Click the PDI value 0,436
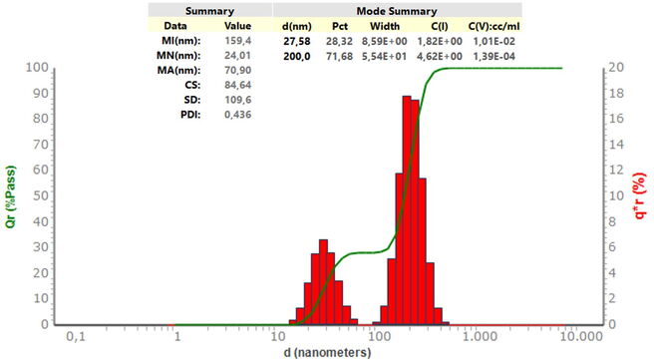point(237,115)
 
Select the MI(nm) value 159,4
point(237,41)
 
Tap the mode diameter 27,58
point(296,41)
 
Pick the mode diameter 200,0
point(296,56)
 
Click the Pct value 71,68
point(340,56)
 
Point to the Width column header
point(385,26)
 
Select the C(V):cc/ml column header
point(493,26)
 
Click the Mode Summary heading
point(396,11)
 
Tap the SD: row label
point(192,100)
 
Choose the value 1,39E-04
point(493,56)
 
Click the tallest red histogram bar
point(407,210)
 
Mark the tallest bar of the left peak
point(323,282)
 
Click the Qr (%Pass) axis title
point(11,196)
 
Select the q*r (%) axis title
point(639,196)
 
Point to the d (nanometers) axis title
point(327,352)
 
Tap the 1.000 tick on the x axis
point(481,336)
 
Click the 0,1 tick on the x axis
point(76,336)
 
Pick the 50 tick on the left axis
point(41,194)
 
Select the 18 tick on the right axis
point(616,93)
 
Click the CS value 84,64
point(237,85)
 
